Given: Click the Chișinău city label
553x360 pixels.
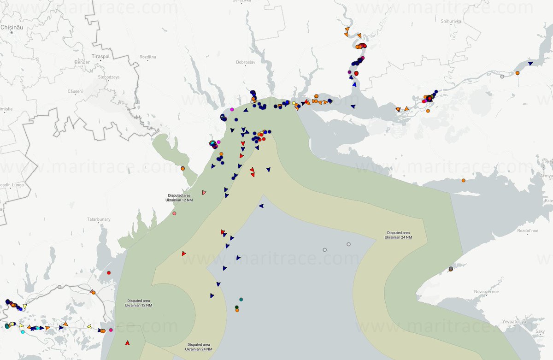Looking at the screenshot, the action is [12, 27].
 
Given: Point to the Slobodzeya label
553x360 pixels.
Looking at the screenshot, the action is [109, 77].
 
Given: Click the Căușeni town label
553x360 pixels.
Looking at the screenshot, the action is [75, 91].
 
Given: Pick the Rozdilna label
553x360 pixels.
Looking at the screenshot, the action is [148, 57].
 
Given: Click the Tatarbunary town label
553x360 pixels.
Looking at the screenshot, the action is [99, 219].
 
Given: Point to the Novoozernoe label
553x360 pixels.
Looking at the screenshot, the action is [488, 292].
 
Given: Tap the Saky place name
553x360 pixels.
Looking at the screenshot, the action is [540, 331].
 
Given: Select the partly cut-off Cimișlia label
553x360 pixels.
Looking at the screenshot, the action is [6, 109].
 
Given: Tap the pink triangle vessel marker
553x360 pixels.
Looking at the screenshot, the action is [204, 192].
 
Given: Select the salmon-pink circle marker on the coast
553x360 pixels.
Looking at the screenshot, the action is [174, 213].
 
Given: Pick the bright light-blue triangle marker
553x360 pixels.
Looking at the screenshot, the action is [354, 84].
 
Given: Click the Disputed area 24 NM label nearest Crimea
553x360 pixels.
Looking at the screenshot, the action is [399, 235].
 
